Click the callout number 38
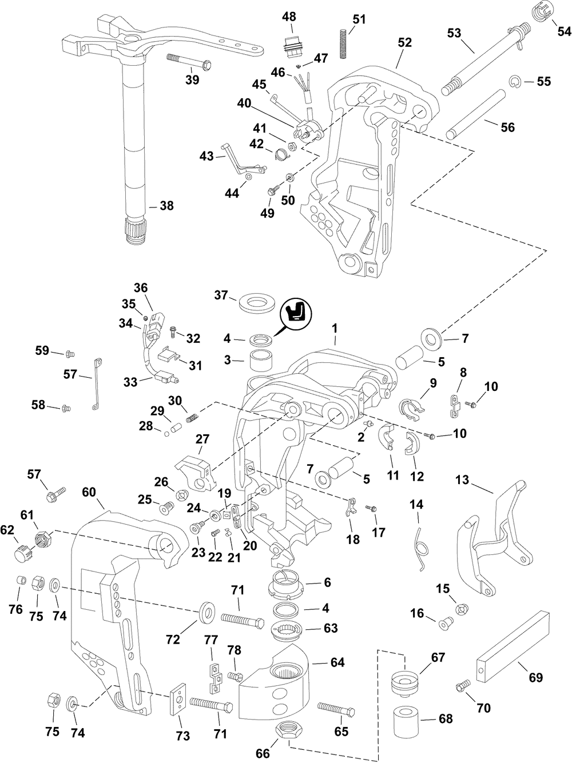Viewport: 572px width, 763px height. pyautogui.click(x=166, y=206)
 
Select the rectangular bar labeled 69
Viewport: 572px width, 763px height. pyautogui.click(x=513, y=643)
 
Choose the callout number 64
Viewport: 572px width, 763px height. pyautogui.click(x=337, y=663)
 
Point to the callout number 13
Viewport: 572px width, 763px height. pyautogui.click(x=462, y=481)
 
